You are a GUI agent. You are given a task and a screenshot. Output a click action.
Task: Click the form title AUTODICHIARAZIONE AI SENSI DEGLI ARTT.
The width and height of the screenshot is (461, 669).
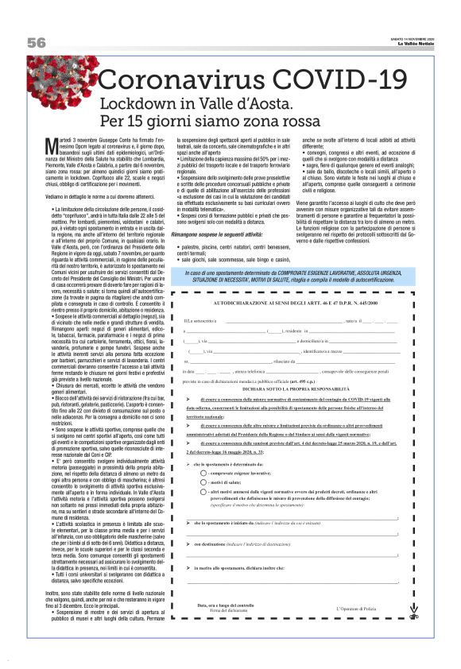[303, 304]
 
